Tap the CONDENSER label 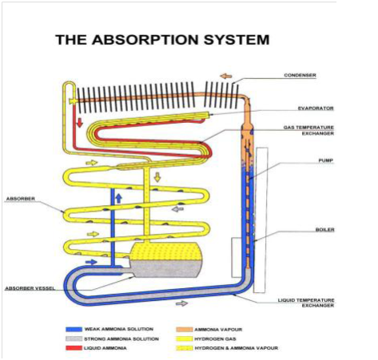[x=300, y=75]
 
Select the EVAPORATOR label [x=316, y=109]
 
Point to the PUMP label [x=326, y=160]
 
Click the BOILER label [x=324, y=230]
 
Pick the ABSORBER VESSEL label [x=30, y=288]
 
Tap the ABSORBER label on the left [x=21, y=199]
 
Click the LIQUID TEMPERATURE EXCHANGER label [x=306, y=303]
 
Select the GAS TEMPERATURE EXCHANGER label [x=308, y=130]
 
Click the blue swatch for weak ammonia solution [x=74, y=330]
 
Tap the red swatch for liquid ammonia [x=74, y=348]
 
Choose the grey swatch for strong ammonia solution [x=74, y=339]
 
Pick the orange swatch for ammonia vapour [x=184, y=330]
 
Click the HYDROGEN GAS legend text [x=215, y=339]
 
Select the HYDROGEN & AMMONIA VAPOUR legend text [x=237, y=348]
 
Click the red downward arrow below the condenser [x=80, y=123]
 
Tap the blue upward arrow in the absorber [x=119, y=199]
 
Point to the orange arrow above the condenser [x=225, y=76]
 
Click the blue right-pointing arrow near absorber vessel [x=91, y=262]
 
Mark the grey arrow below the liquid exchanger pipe [x=182, y=303]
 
